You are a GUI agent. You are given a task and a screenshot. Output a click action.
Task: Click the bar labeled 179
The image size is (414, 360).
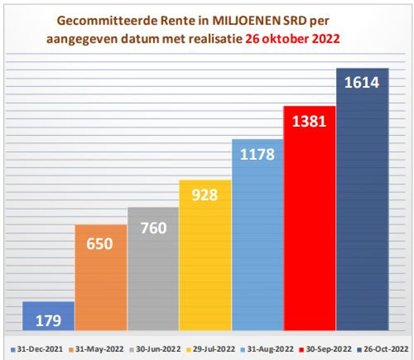click(x=48, y=316)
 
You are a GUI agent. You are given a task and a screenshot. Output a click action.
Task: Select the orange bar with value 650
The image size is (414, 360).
click(x=101, y=276)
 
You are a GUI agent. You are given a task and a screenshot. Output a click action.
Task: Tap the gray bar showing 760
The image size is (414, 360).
click(x=153, y=269)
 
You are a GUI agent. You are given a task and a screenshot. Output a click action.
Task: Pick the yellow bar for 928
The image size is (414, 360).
click(x=205, y=255)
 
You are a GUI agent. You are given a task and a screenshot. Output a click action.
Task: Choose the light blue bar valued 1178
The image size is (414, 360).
click(x=257, y=234)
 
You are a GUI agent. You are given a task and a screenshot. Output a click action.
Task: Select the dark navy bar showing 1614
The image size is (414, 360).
click(x=362, y=200)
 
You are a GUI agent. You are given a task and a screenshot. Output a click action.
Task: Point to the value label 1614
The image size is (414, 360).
click(x=362, y=82)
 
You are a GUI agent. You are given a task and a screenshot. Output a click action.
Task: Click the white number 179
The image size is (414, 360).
click(x=49, y=320)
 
